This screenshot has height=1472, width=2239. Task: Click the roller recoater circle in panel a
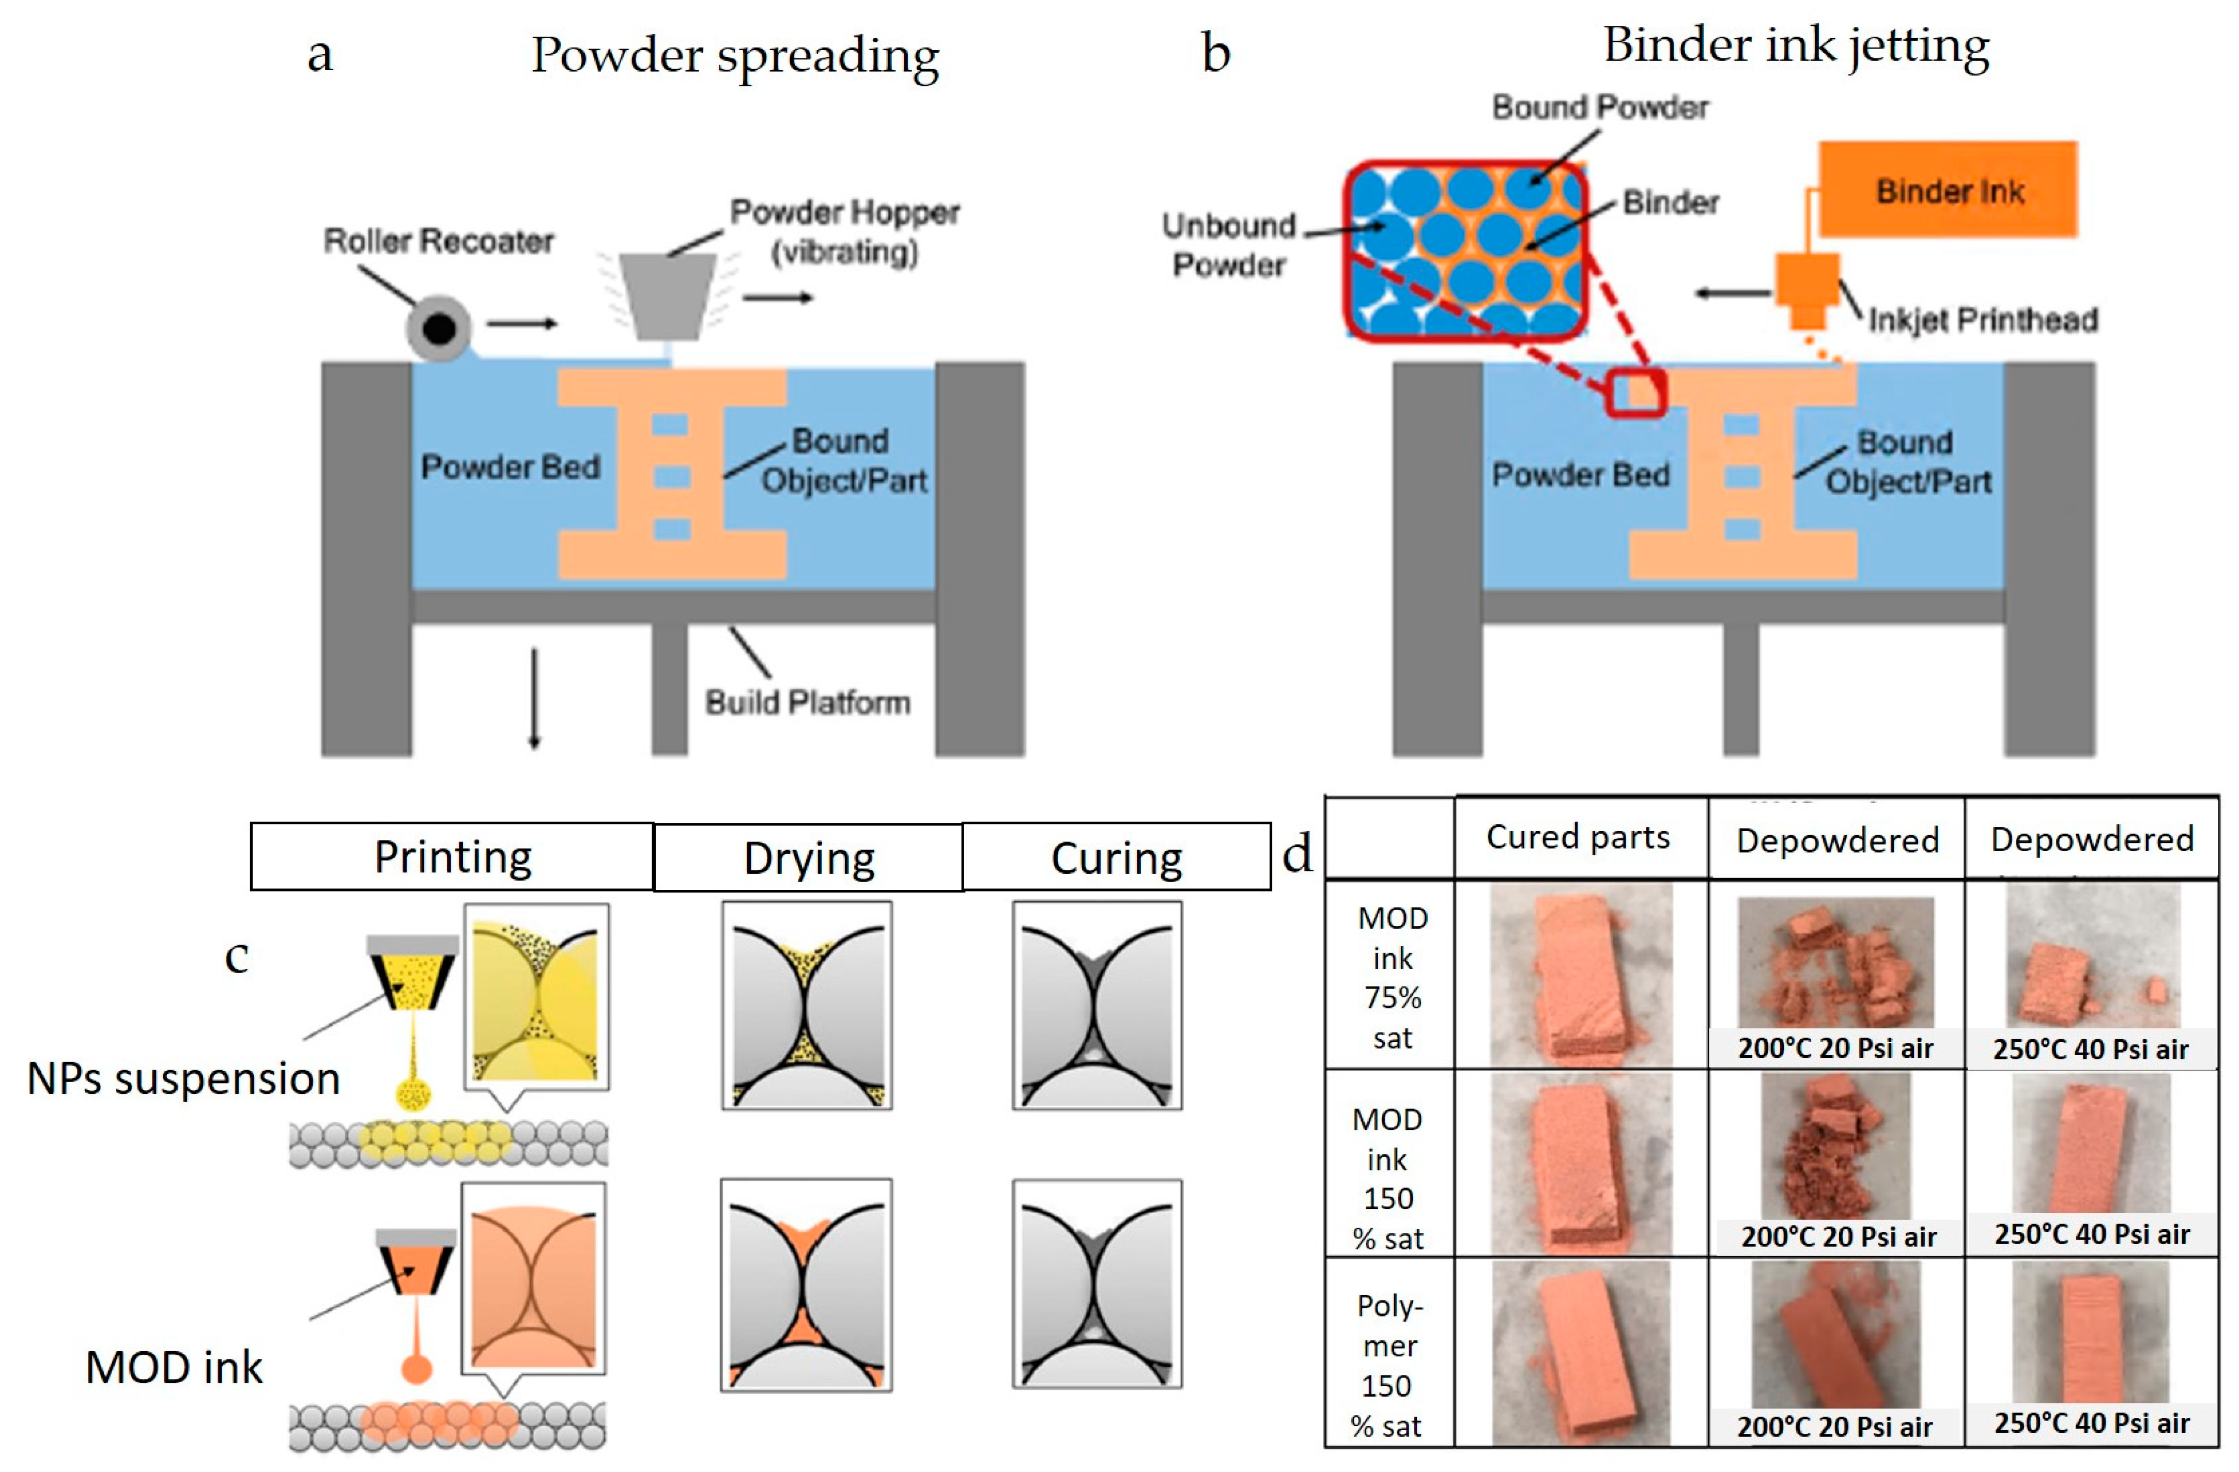(438, 328)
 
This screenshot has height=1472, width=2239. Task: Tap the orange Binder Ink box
(1948, 190)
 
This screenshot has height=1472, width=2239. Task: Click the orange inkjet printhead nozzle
(1806, 292)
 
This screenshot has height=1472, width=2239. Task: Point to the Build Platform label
(807, 702)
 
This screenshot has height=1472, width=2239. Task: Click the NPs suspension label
(183, 1078)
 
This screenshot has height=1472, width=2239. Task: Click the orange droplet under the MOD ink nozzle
(416, 1369)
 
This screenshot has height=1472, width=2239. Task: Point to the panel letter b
(1215, 54)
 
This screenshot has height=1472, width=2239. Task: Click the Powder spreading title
(735, 55)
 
